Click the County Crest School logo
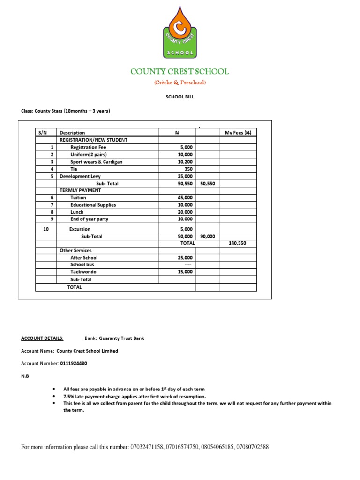coord(180,32)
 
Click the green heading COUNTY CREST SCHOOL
coord(180,72)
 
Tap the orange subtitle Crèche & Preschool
coord(180,83)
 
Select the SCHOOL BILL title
coord(180,97)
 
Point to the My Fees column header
coord(238,133)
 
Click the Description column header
coord(72,133)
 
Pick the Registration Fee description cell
coord(88,147)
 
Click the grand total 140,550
coord(237,243)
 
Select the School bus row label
coord(82,265)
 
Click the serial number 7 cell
coord(52,205)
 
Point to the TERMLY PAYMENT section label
coord(80,190)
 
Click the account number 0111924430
coord(73,363)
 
